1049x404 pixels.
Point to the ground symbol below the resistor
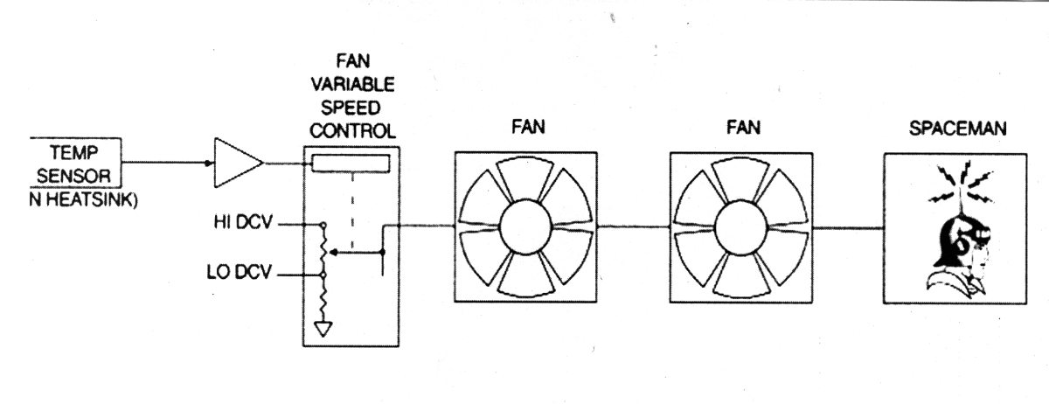323,330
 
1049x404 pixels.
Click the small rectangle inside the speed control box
351,164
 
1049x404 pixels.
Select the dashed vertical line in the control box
351,210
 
